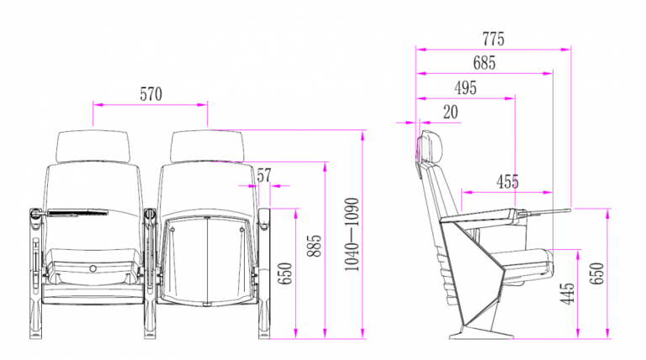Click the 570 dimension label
[150, 94]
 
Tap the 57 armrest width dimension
[264, 175]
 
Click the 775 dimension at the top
[494, 39]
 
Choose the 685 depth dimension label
[484, 63]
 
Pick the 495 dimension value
[465, 87]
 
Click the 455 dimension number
[507, 182]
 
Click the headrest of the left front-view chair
[93, 146]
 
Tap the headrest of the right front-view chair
[207, 146]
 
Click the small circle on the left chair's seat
[93, 270]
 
